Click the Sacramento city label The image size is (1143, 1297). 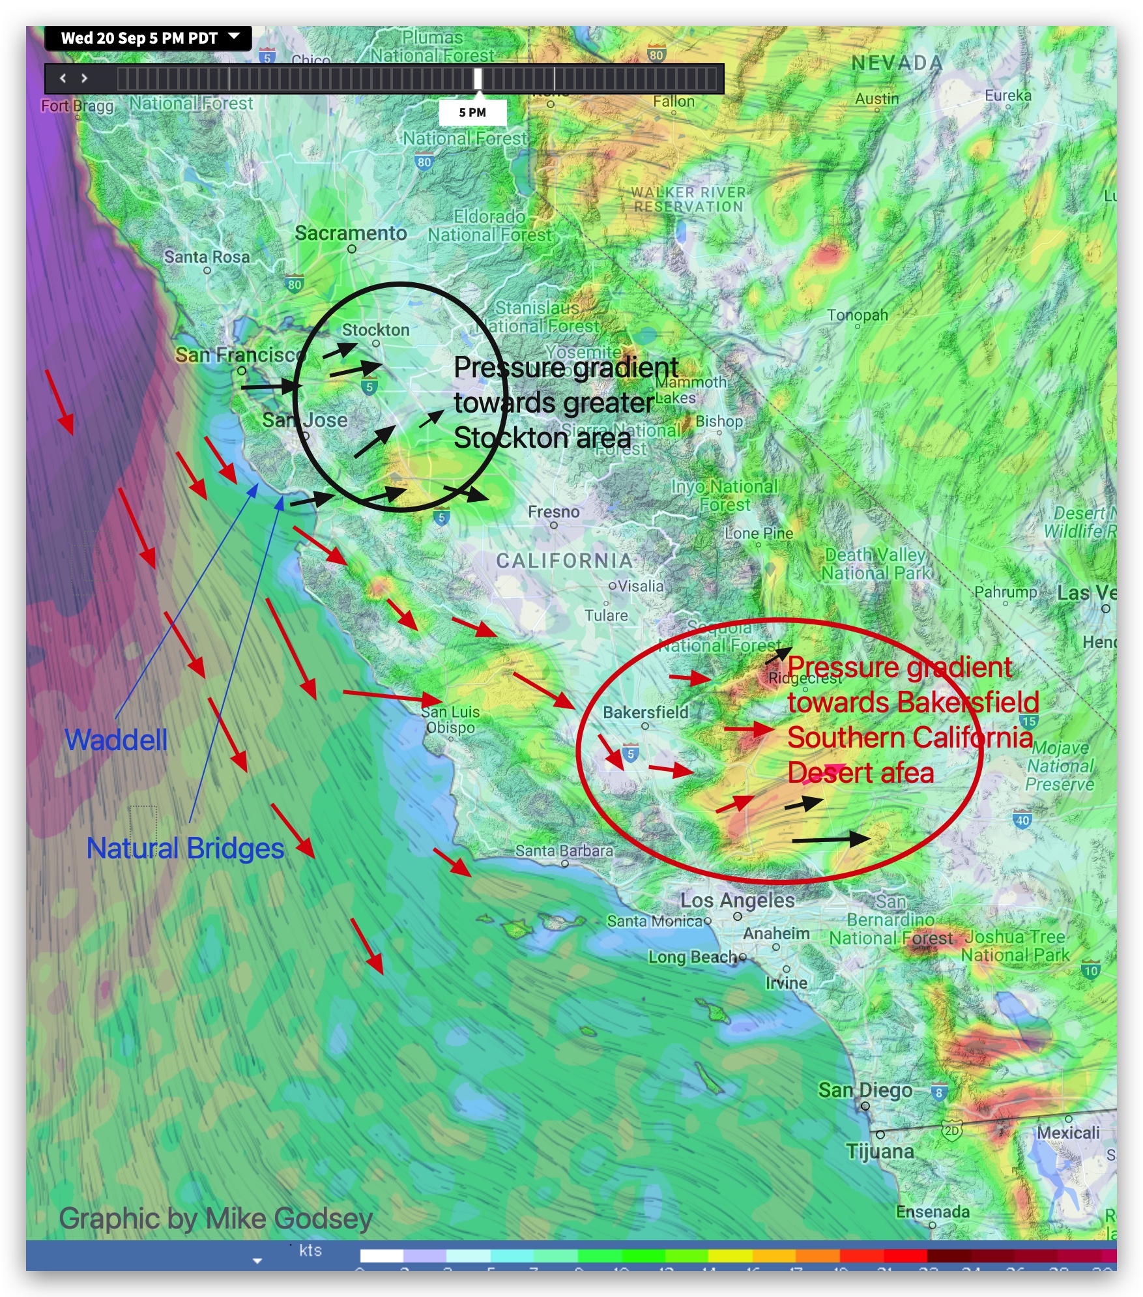coord(351,233)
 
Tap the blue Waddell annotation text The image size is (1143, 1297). coord(116,740)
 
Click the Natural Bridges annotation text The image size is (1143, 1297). coord(185,849)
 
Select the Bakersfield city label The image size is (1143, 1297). coord(645,712)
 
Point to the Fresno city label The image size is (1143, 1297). coord(553,512)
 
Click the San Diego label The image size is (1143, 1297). coord(865,1090)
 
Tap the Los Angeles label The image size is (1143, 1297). coord(737,901)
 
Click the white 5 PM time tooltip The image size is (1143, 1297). coord(472,113)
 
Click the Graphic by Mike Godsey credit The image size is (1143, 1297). coord(216,1218)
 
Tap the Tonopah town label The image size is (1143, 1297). coord(857,315)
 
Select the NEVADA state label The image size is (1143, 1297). coord(897,63)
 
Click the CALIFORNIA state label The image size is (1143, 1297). coord(564,561)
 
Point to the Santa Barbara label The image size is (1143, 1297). coord(564,851)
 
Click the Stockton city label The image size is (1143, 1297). coord(375,330)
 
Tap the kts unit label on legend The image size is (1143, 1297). coord(310,1250)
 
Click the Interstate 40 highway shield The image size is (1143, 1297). coord(1022,821)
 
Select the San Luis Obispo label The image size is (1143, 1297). coord(450,720)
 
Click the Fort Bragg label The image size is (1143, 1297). coord(77,106)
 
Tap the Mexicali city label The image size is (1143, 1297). coord(1067,1133)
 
